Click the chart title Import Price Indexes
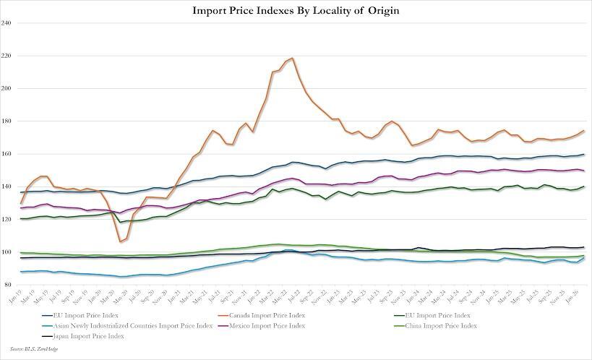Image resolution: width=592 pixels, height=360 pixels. [295, 11]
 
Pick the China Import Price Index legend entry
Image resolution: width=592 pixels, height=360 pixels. [441, 326]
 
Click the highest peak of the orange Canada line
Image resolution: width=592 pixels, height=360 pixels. [291, 59]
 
